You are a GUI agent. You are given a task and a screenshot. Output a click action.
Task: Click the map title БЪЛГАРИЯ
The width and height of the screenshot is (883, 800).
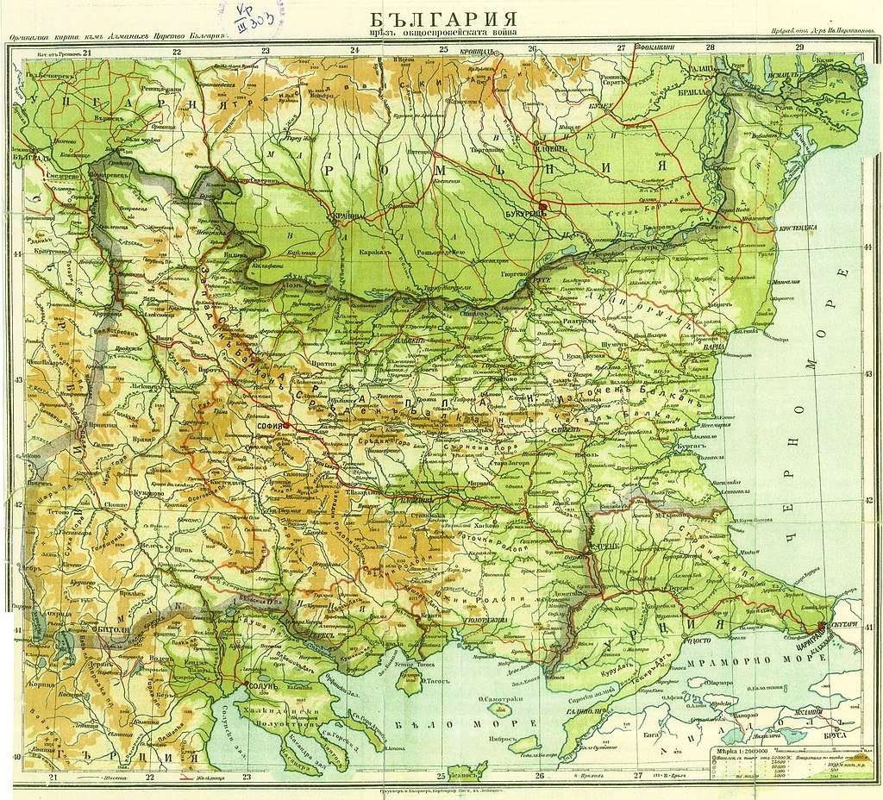pos(444,19)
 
